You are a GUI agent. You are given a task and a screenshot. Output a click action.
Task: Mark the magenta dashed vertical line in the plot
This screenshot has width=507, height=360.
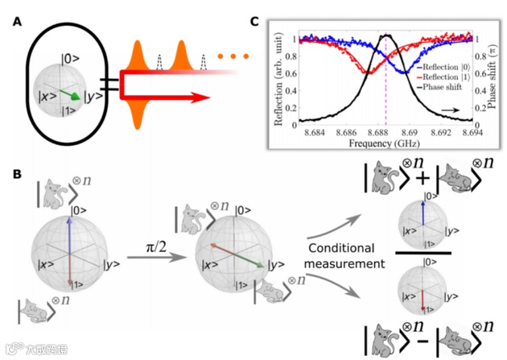tap(386, 89)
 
